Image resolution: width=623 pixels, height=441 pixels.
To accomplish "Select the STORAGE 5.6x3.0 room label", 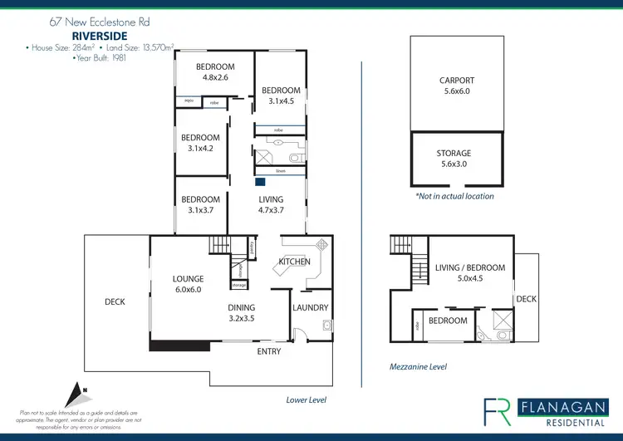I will point(454,159).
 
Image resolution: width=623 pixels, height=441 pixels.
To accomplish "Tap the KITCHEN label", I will point(294,262).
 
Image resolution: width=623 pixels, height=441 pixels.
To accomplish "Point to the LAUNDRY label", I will point(311,307).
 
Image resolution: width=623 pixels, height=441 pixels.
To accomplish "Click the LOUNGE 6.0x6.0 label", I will point(188,284).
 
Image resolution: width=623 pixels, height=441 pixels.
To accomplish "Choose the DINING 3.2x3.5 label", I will point(242,312).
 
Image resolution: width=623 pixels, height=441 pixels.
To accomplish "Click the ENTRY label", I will point(269,351).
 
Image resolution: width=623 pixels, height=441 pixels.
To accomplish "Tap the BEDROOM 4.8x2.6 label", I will point(215,72).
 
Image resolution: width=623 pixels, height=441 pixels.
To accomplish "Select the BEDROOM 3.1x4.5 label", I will point(281,96).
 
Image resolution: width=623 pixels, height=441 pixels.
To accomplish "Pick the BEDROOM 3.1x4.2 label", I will point(201,143).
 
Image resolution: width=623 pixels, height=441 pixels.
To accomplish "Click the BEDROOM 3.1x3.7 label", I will point(201,204).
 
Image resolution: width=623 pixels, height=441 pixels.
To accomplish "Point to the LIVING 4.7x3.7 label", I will point(271,204).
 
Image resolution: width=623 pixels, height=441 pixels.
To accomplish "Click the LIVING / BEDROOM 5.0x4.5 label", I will point(469,273).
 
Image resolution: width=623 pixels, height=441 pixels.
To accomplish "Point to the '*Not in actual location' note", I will point(454,196).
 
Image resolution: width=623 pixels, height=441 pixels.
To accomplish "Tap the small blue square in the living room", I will point(260,181).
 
